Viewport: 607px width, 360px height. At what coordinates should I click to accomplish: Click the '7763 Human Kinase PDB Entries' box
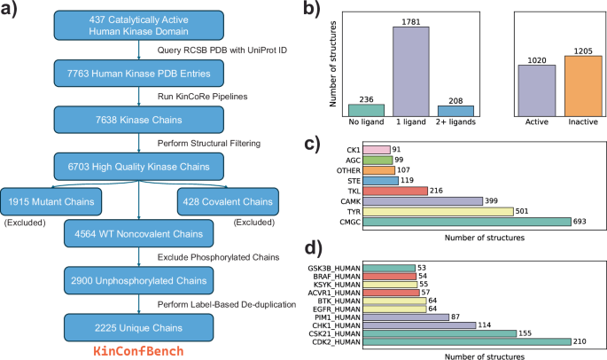(x=138, y=74)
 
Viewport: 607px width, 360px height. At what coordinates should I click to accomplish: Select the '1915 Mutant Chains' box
(x=51, y=201)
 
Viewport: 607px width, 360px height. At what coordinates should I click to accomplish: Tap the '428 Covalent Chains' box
(x=228, y=201)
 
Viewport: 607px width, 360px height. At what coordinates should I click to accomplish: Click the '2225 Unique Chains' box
(x=138, y=327)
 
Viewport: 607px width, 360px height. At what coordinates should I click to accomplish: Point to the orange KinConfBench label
(x=138, y=351)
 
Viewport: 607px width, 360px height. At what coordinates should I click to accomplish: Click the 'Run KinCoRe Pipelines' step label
(x=202, y=97)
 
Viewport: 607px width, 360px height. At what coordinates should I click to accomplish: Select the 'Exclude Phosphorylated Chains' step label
(x=218, y=257)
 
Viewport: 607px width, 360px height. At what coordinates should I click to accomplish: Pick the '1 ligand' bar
(x=411, y=72)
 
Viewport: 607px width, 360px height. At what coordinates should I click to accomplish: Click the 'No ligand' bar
(x=366, y=111)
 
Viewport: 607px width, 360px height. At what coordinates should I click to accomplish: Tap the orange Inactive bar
(x=583, y=86)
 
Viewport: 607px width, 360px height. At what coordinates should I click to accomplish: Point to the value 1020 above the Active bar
(x=537, y=60)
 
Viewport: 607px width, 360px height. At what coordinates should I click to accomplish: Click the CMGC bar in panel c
(x=467, y=222)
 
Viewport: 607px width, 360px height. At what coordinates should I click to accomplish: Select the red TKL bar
(x=395, y=191)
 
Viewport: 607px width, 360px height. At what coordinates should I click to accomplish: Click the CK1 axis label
(x=354, y=150)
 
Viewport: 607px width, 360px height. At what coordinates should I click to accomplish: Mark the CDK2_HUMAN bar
(x=467, y=341)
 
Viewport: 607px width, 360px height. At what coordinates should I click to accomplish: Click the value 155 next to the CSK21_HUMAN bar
(x=525, y=333)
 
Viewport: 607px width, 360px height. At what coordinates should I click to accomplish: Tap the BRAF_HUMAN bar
(x=389, y=277)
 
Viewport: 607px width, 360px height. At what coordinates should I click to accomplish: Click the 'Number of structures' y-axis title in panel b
(x=332, y=64)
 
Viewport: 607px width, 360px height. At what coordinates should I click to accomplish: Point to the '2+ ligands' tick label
(x=455, y=121)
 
